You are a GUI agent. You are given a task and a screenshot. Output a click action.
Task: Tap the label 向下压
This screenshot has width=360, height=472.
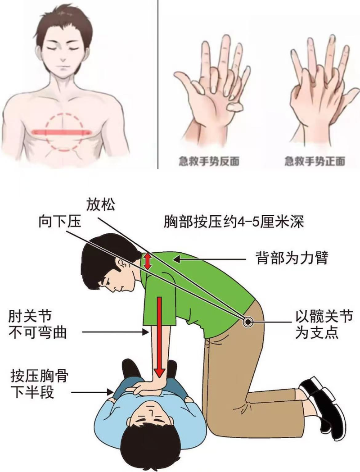tap(60, 222)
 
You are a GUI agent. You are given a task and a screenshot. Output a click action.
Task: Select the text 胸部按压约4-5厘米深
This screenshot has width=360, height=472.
tap(234, 222)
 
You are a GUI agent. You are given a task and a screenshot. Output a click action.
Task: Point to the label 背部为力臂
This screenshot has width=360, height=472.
tap(292, 258)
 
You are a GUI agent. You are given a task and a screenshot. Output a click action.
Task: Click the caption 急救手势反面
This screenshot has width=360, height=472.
tap(209, 161)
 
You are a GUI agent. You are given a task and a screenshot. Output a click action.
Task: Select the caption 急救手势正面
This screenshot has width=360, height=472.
tap(314, 161)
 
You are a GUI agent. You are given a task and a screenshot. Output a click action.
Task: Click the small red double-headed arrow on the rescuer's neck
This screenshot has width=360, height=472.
tap(147, 261)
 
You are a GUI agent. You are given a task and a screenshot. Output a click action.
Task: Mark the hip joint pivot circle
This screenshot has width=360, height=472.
tap(248, 322)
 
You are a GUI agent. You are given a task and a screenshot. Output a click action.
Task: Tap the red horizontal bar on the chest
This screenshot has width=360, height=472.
tap(63, 132)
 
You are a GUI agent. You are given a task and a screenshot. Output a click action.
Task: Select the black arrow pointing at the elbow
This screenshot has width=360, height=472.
tap(116, 332)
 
